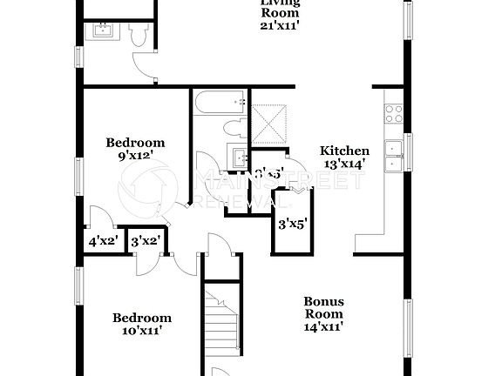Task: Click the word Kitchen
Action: [344, 151]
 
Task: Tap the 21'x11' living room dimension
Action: [280, 26]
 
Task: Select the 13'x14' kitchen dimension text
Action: [344, 163]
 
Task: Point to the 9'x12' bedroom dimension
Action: [135, 156]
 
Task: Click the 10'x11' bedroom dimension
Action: [141, 331]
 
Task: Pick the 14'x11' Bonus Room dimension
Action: [322, 326]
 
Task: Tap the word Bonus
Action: [323, 301]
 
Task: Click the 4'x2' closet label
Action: [102, 241]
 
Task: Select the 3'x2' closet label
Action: [145, 241]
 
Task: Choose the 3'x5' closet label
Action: [293, 224]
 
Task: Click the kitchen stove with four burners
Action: [393, 111]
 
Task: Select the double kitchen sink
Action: [394, 154]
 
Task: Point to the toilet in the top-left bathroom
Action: [138, 33]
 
